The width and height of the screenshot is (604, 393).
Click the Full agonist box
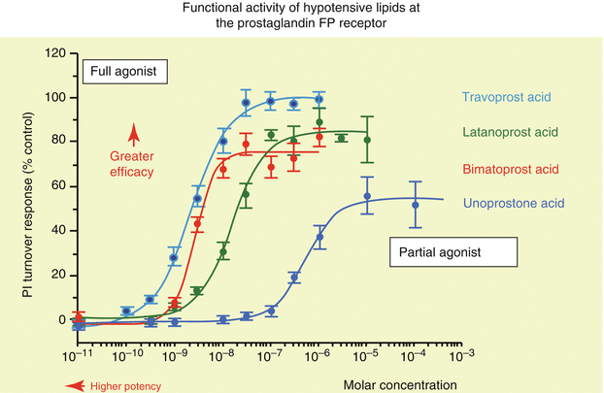pyautogui.click(x=124, y=71)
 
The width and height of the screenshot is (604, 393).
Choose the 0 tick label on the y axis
pyautogui.click(x=56, y=320)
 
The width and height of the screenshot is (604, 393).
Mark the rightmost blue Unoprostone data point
pyautogui.click(x=416, y=205)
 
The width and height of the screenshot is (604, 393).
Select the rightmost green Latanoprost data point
pyautogui.click(x=367, y=140)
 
